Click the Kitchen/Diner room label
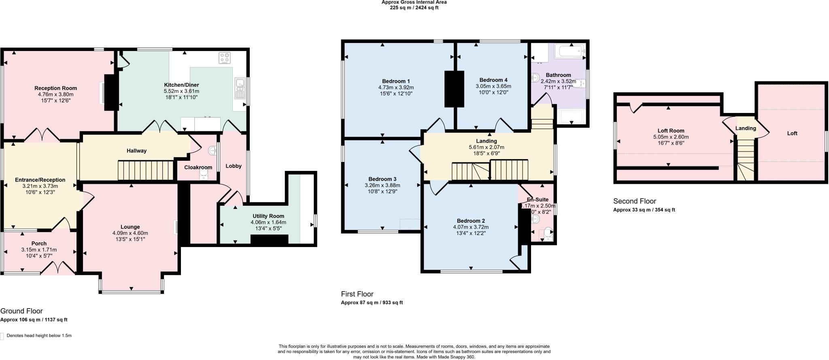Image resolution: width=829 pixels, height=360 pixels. click(181, 85)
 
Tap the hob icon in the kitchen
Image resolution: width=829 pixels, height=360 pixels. click(225, 58)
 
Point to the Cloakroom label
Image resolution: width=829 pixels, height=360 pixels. click(198, 167)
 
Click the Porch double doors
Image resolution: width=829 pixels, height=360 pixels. click(59, 268)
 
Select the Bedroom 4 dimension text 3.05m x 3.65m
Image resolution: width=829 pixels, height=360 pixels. click(493, 86)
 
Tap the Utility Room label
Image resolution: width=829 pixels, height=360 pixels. click(268, 216)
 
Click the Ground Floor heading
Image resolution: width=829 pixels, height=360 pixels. click(21, 311)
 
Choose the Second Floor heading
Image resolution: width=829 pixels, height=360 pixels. click(634, 201)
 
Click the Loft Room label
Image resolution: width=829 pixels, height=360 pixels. click(671, 131)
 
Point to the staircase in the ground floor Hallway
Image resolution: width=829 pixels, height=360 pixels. click(145, 170)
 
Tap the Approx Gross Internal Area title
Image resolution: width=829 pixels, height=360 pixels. click(414, 2)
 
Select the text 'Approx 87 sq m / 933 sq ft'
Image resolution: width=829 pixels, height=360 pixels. click(372, 302)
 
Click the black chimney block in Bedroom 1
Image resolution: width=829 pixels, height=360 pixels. click(454, 89)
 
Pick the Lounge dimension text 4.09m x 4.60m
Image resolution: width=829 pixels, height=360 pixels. click(130, 233)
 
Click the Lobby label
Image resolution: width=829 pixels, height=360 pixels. click(233, 166)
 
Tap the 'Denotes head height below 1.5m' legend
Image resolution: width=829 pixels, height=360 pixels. click(39, 336)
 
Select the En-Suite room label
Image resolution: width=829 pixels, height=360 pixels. click(538, 200)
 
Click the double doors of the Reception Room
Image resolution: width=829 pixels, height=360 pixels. click(43, 136)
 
